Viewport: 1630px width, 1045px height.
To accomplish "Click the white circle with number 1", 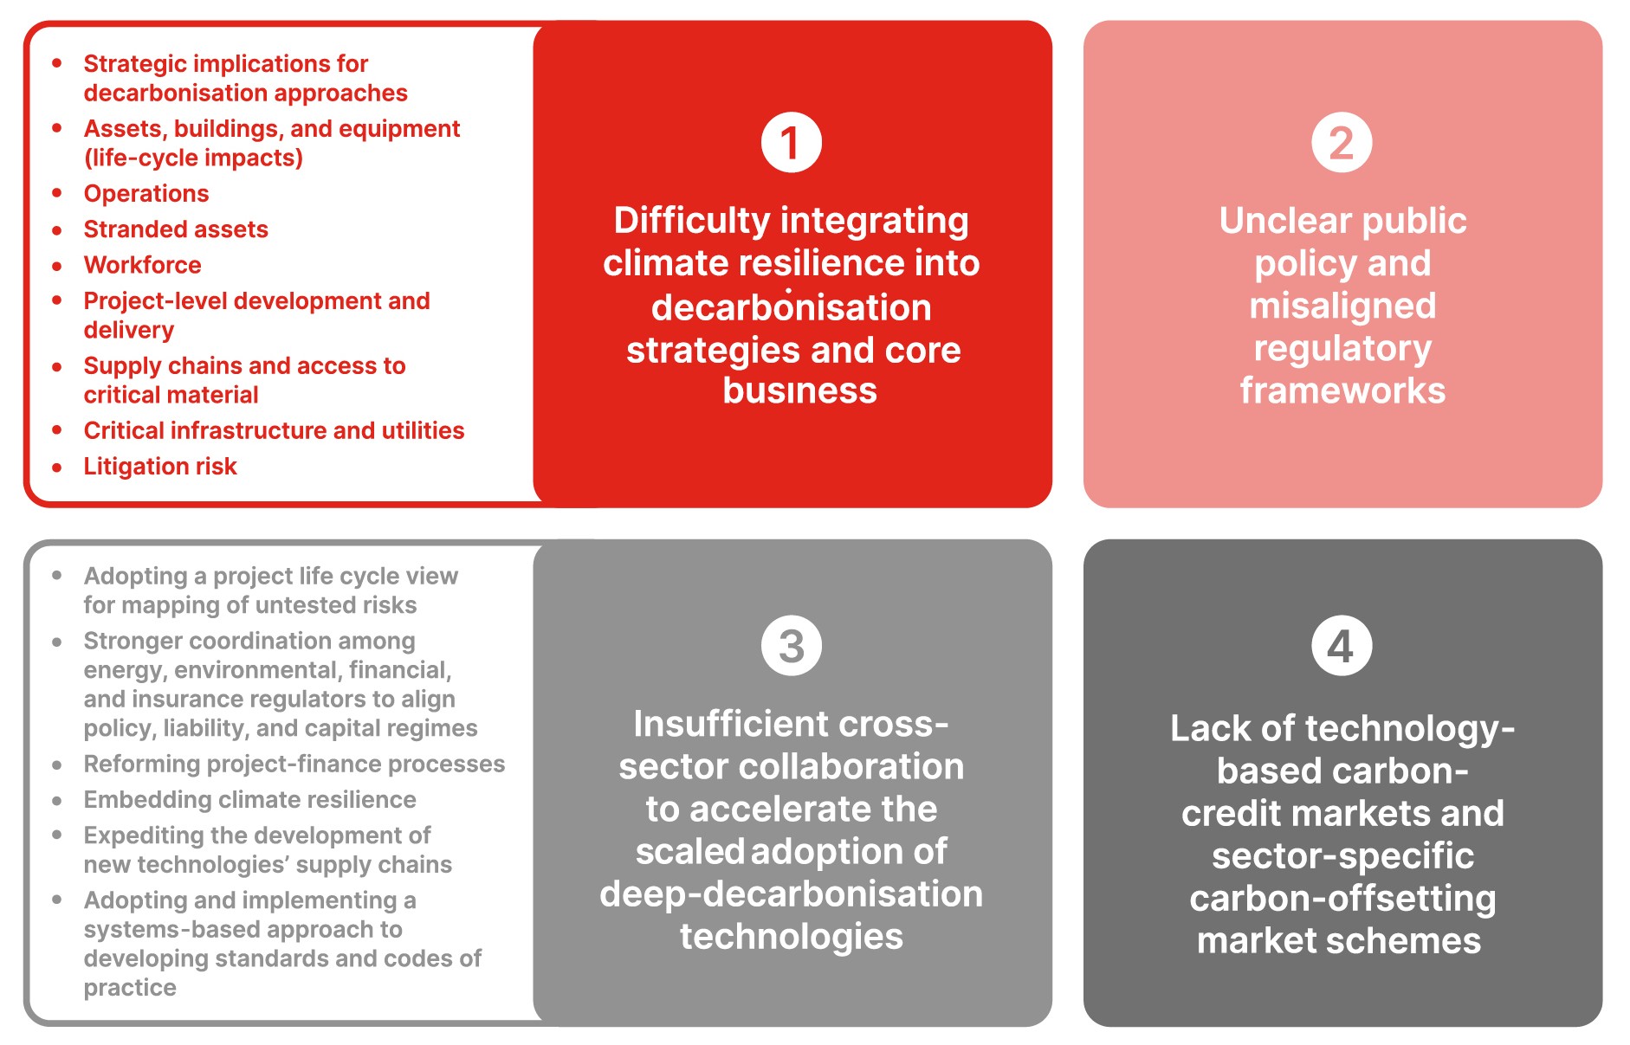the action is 791,142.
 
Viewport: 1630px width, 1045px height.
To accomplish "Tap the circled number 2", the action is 1342,142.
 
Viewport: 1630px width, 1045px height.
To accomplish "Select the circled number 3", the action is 791,645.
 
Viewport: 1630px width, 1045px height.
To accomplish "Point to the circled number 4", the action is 1342,645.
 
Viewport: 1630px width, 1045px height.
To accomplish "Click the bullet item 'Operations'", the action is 146,193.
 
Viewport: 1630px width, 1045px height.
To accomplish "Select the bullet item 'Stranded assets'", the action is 176,229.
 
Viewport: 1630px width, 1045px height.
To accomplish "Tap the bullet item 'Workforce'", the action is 142,264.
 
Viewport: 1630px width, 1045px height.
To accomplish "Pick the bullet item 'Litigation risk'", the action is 160,466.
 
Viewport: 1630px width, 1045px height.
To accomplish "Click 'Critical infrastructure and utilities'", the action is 274,430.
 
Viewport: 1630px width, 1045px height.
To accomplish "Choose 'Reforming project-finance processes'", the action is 294,764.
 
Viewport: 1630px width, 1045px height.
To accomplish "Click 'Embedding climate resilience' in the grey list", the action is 249,799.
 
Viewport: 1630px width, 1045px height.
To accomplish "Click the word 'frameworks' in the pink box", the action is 1342,390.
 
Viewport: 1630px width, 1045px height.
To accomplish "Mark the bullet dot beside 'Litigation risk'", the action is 56,467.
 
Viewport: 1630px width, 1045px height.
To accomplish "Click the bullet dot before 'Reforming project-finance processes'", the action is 56,764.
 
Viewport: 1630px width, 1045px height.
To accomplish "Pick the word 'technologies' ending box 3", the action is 791,937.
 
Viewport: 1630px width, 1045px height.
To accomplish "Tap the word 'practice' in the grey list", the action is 130,988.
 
